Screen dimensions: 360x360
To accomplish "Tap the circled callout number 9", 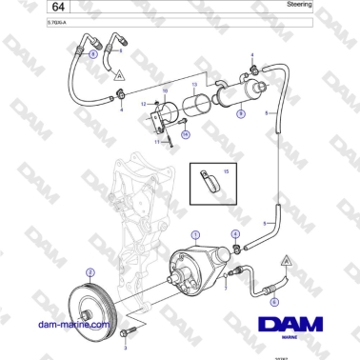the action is click(x=240, y=113).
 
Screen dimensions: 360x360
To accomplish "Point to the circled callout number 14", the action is click(x=186, y=134).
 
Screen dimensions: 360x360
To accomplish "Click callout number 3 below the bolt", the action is click(x=123, y=349).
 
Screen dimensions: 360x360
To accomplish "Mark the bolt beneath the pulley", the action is click(x=130, y=331).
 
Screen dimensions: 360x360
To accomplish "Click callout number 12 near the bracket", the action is click(x=143, y=103).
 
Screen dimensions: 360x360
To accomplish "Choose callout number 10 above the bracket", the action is click(x=164, y=90).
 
